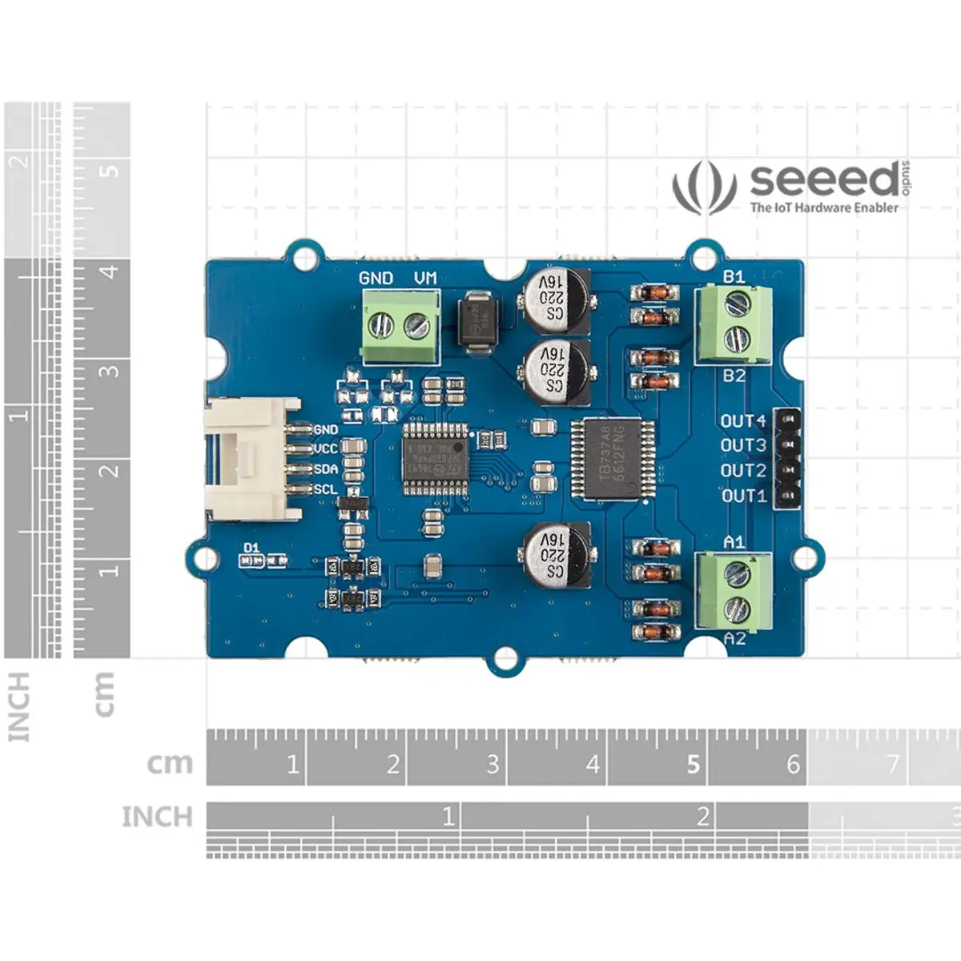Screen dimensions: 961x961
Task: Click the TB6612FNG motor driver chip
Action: click(x=613, y=459)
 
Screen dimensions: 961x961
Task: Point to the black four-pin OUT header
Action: click(x=790, y=458)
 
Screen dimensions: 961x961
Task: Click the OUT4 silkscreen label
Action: click(x=743, y=420)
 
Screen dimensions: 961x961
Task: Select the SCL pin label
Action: click(x=325, y=489)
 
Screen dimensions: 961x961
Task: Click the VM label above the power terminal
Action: click(x=425, y=278)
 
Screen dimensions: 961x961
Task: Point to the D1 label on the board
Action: click(x=251, y=548)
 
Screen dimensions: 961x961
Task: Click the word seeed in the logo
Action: click(x=824, y=180)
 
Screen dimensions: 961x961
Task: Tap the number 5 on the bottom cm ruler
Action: click(x=694, y=764)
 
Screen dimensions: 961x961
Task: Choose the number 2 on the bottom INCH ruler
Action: click(x=702, y=816)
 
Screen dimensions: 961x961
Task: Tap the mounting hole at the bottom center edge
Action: click(x=505, y=658)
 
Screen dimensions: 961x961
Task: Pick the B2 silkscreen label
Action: click(x=734, y=375)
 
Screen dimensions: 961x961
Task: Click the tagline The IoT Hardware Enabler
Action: click(x=823, y=207)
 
